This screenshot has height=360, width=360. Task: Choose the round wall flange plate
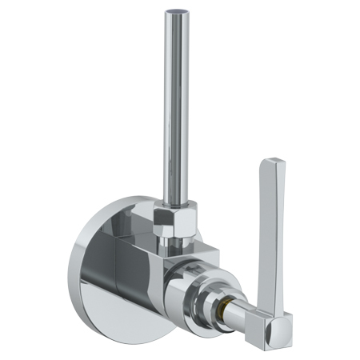click(104, 264)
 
